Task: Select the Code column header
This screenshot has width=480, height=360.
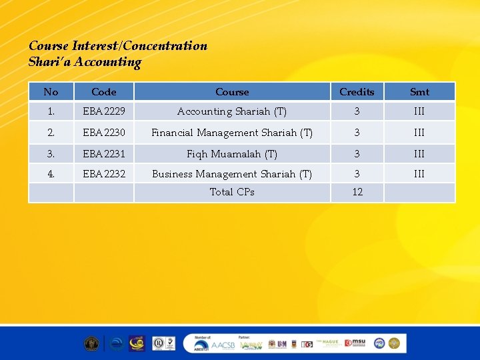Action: tap(103, 92)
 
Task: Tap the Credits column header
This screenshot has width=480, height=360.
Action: tap(357, 92)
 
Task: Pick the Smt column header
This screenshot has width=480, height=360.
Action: tap(419, 92)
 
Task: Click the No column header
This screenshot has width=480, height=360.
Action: tap(51, 92)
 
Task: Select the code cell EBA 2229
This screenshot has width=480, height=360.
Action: tap(103, 111)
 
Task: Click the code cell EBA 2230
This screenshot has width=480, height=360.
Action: tap(103, 133)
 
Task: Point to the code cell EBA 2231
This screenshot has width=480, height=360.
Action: tap(103, 154)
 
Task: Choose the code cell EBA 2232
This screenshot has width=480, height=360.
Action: tap(103, 174)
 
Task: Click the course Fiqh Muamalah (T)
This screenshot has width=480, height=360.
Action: tap(232, 154)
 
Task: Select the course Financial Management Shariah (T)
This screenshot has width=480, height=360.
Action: tap(232, 133)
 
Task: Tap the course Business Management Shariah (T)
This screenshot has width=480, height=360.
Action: tap(232, 174)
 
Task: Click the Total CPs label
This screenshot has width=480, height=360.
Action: tap(232, 192)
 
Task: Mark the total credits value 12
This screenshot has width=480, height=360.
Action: tap(357, 192)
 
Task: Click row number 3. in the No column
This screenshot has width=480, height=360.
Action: tap(51, 154)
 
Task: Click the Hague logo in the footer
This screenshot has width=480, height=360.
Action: tap(329, 343)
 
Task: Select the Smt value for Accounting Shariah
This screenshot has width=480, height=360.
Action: tap(419, 111)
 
